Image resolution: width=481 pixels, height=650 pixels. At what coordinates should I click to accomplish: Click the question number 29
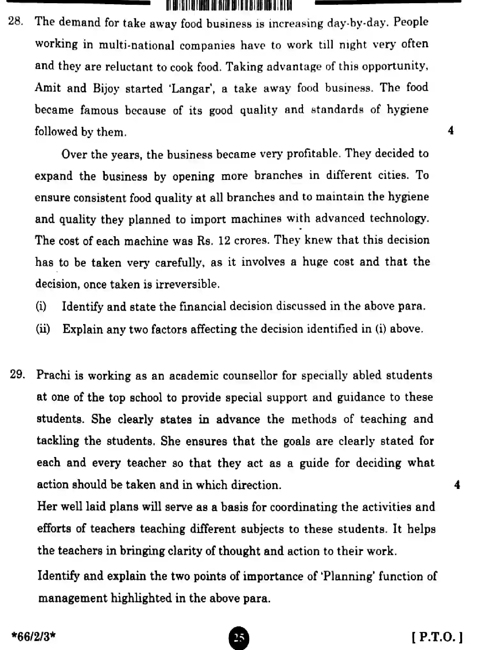pos(17,374)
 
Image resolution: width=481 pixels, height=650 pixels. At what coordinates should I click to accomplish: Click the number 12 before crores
pos(224,241)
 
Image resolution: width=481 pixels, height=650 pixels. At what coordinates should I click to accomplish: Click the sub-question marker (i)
pos(41,306)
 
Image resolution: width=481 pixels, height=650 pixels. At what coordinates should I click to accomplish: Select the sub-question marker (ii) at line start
pos(43,329)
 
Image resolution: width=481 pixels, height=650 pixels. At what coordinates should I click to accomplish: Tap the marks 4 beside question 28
pos(451,131)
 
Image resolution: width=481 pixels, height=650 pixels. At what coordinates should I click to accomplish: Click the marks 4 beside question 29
pos(457,485)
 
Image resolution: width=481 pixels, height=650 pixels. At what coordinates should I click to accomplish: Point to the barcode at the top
pos(229,5)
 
